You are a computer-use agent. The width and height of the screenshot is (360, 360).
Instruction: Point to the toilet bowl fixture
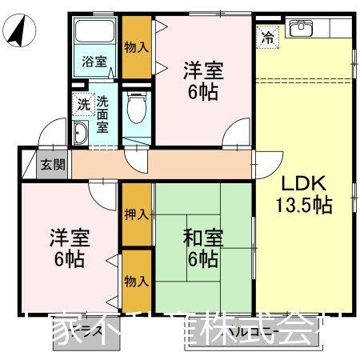tap(137, 104)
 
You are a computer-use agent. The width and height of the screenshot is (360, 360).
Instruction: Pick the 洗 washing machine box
tap(83, 103)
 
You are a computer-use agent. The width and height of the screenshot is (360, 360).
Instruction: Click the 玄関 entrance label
tap(54, 166)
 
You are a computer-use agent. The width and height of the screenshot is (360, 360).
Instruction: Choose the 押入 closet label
tap(137, 214)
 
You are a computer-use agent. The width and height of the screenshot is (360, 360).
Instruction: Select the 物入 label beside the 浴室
tap(136, 46)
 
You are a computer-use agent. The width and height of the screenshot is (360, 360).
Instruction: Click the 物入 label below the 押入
tap(137, 281)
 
